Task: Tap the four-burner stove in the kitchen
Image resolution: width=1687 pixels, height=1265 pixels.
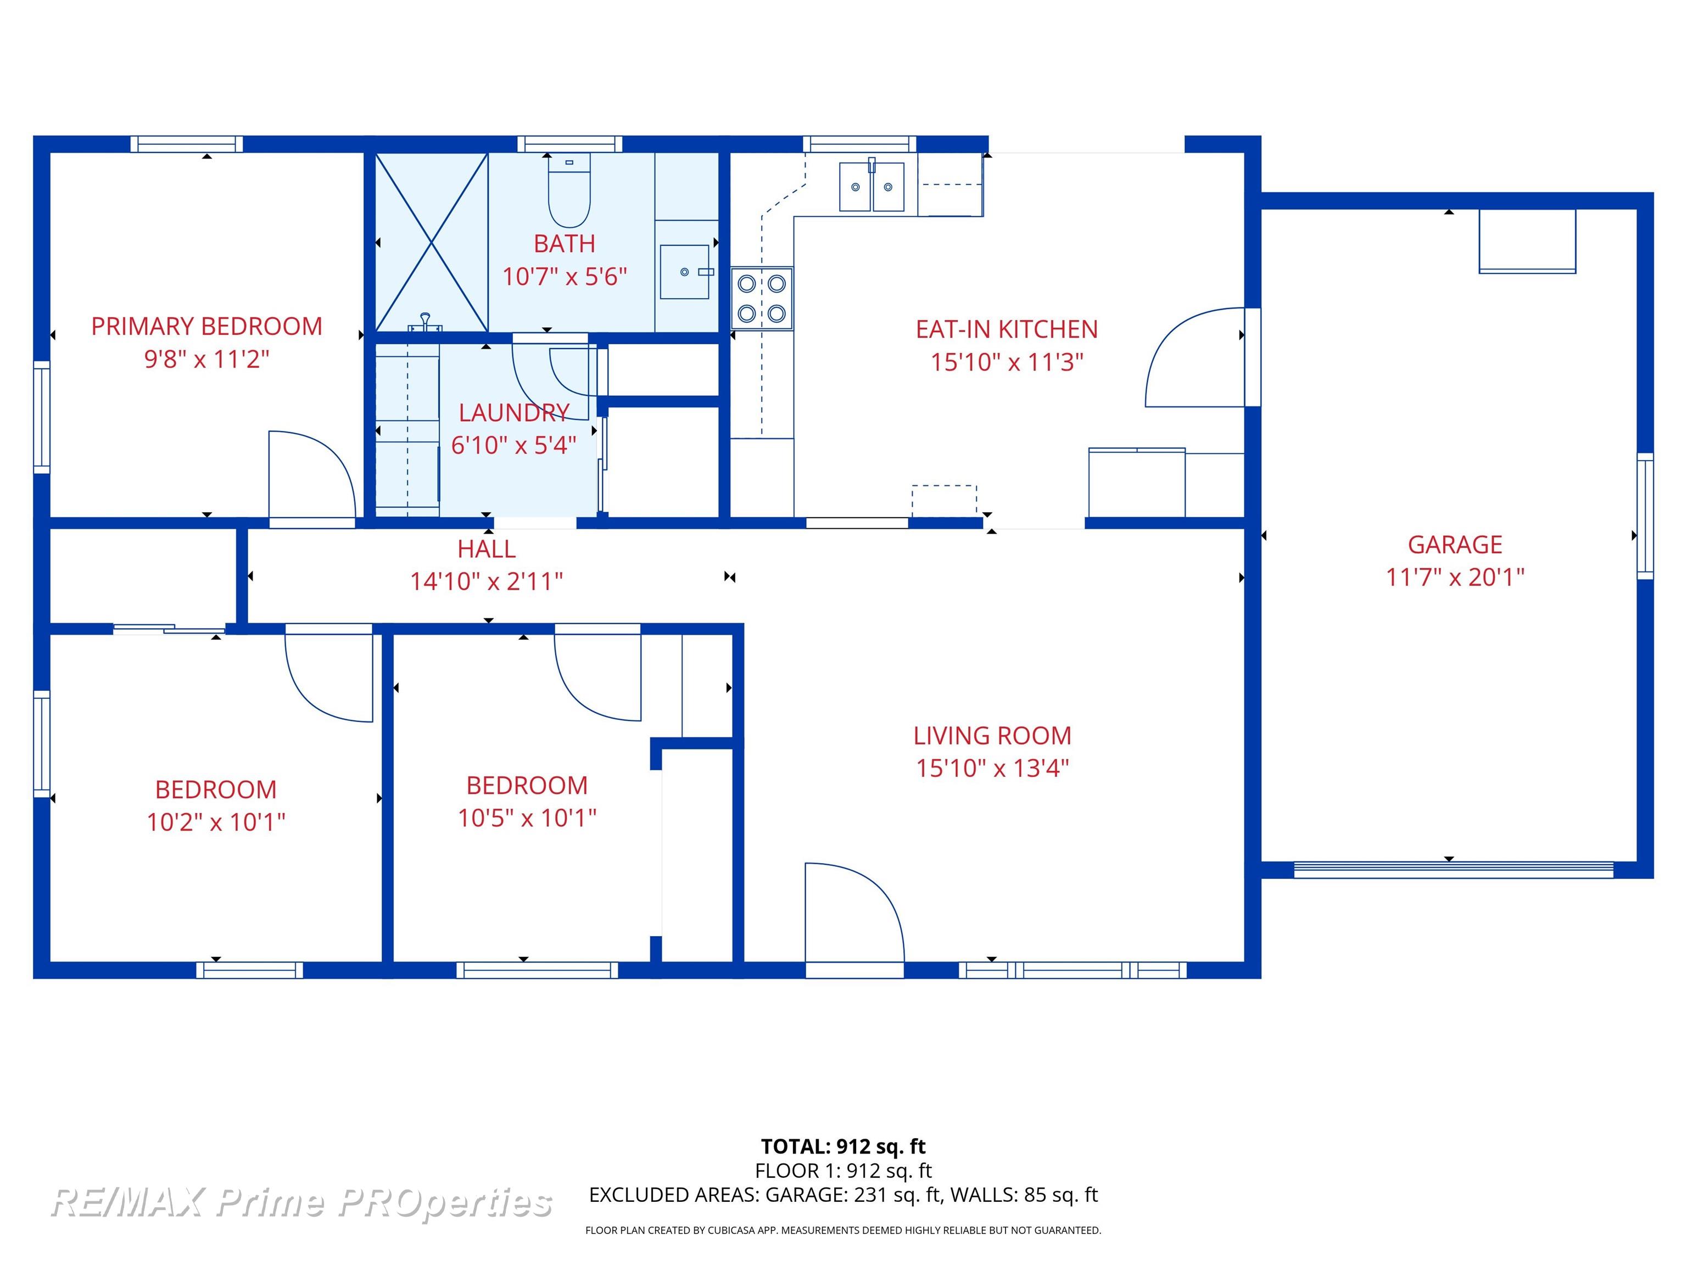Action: [762, 298]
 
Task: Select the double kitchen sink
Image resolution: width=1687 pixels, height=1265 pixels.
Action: [872, 186]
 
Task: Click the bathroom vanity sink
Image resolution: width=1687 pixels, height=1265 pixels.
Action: [685, 271]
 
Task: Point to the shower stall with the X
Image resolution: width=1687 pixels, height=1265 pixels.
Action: [432, 243]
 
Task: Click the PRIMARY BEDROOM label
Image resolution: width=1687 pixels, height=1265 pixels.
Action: [206, 326]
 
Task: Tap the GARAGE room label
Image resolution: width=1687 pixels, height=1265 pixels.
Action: [1454, 545]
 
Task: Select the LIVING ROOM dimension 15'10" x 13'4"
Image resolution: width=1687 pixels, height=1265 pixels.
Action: [992, 768]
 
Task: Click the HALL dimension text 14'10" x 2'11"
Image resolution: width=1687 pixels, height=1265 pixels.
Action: [487, 581]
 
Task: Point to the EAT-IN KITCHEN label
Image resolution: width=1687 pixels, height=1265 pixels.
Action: [1007, 329]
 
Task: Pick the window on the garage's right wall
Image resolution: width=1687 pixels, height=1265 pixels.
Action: [1645, 516]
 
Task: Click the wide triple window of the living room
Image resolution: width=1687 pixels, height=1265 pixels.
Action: [1072, 970]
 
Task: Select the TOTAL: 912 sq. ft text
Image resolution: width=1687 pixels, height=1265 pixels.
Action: [843, 1146]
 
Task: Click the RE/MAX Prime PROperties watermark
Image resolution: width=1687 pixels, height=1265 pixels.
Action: [301, 1202]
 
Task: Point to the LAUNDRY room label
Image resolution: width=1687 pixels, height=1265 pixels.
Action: [514, 412]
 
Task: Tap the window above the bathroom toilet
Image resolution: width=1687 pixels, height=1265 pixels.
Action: [569, 144]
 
